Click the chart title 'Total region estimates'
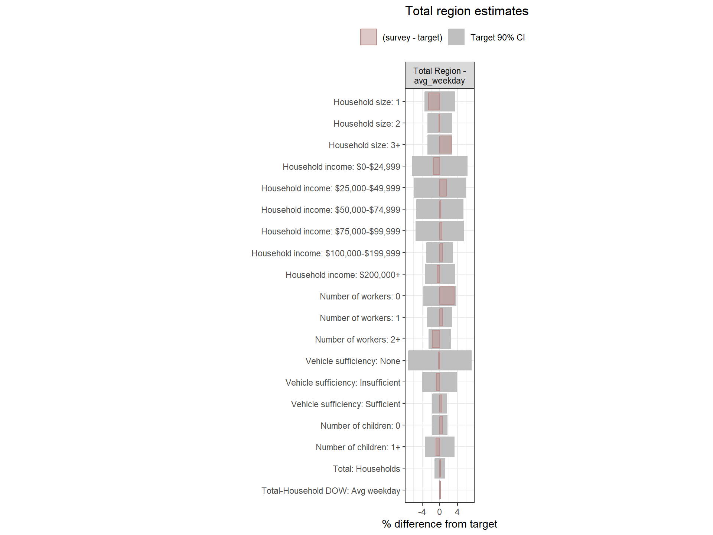click(x=466, y=11)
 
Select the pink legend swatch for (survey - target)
click(x=368, y=37)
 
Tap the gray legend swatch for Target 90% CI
click(x=456, y=37)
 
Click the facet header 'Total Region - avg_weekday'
click(x=439, y=75)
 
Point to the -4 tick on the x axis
click(x=422, y=512)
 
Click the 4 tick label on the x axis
click(x=457, y=512)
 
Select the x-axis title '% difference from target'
click(x=439, y=524)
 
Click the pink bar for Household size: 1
click(x=434, y=101)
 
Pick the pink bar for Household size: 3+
click(x=445, y=145)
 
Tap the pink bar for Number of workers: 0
click(x=447, y=296)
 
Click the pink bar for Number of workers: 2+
click(x=436, y=339)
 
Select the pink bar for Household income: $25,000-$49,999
click(x=443, y=188)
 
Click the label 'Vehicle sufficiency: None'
click(x=353, y=361)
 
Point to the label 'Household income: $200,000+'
click(x=343, y=275)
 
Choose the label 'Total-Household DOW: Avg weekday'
click(x=331, y=491)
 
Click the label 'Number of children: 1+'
click(x=358, y=447)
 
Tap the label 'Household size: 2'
click(x=367, y=124)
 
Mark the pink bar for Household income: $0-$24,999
click(x=436, y=166)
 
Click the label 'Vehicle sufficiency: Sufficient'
click(x=345, y=404)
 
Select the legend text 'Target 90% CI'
click(x=498, y=38)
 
